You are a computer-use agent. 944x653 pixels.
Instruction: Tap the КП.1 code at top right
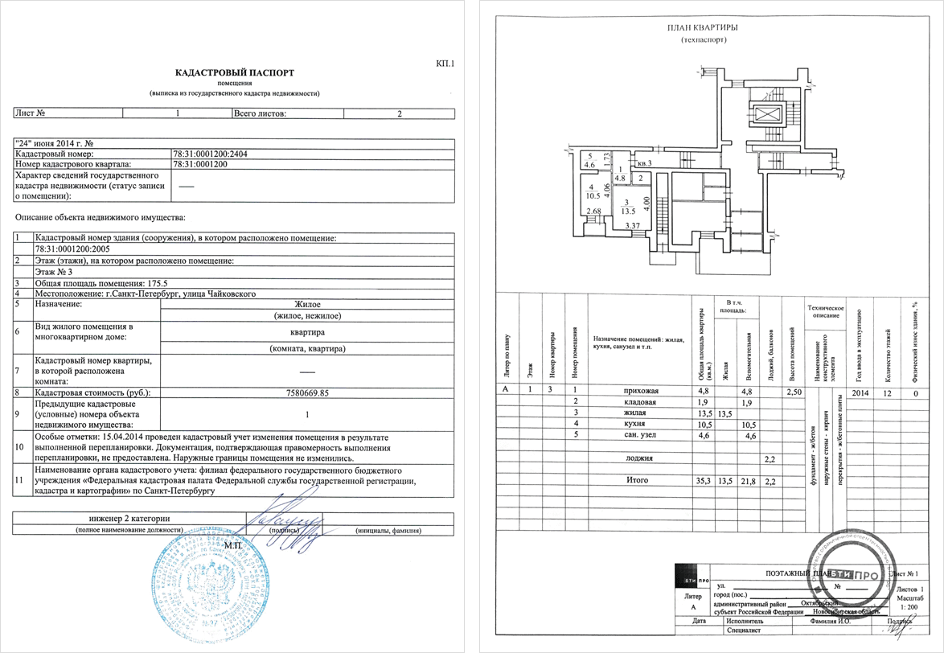445,62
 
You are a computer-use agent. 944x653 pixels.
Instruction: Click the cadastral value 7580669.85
307,392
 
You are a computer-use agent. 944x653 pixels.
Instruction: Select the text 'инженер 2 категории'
129,518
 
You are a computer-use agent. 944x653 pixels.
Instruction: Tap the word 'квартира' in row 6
307,331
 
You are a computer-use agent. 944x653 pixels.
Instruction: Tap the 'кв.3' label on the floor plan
644,163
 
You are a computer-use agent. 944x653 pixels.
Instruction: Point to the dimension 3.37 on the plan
632,226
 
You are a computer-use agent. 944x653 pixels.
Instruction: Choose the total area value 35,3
702,480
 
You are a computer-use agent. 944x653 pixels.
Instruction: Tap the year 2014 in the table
859,392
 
